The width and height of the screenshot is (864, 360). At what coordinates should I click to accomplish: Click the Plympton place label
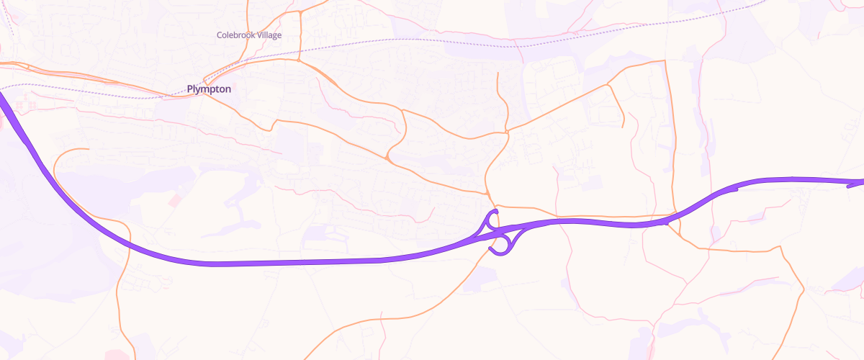coord(209,89)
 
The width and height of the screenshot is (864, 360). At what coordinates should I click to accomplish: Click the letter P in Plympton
coord(190,89)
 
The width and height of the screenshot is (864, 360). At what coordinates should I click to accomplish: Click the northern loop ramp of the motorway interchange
coord(492,217)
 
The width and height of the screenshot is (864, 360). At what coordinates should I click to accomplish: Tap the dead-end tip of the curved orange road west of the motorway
coord(88,149)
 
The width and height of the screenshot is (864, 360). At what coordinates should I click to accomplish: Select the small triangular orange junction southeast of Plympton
coord(389,156)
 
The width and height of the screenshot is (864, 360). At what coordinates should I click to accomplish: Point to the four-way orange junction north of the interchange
coord(508,132)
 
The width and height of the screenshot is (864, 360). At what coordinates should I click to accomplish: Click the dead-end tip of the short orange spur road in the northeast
coord(623,127)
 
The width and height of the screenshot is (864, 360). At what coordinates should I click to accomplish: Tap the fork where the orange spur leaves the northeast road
coord(608,85)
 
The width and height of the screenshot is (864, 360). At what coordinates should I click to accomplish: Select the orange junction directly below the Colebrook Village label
coord(299,60)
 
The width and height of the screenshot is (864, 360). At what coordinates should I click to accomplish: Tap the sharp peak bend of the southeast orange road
coord(780,247)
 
